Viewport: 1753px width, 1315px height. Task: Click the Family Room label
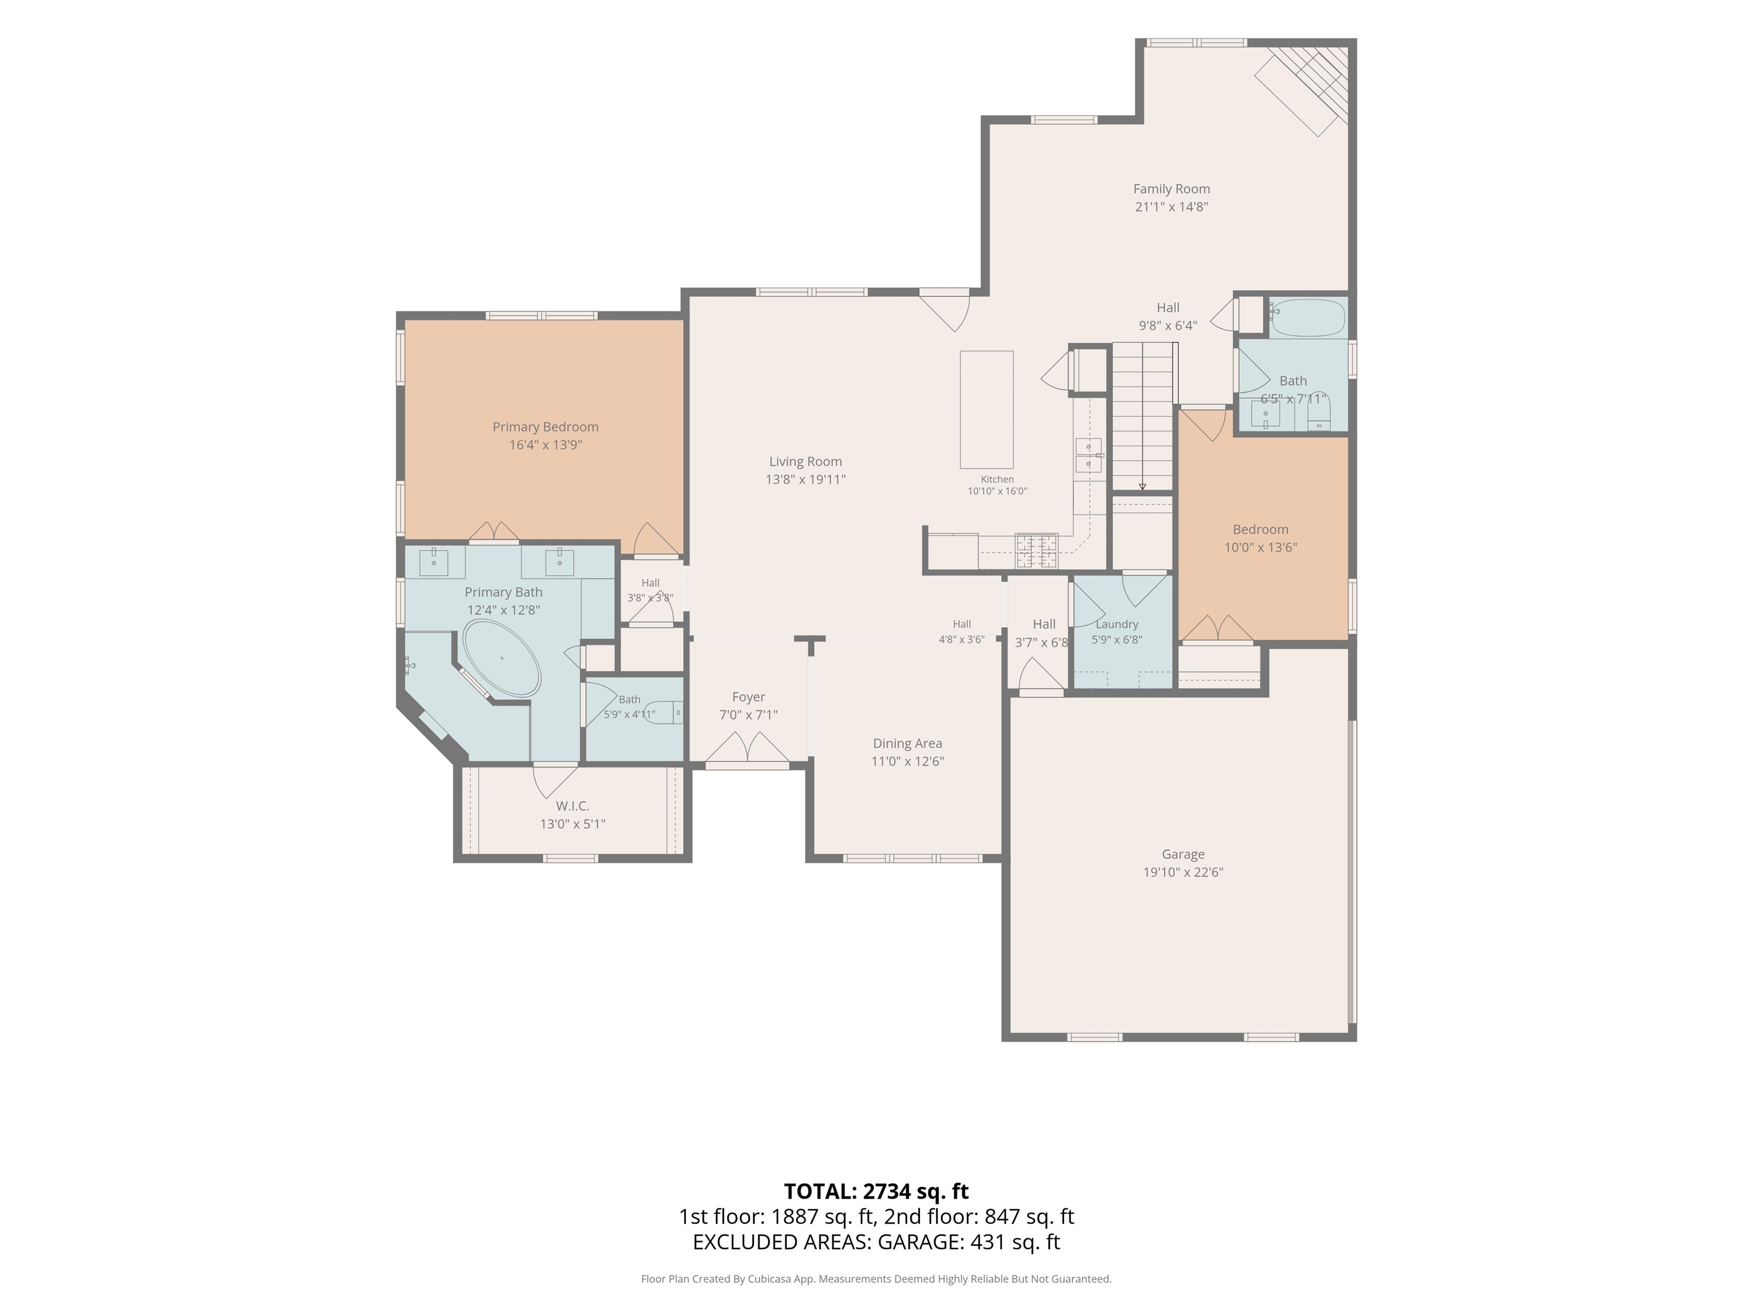(1172, 189)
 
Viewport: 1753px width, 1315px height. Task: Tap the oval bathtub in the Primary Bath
(502, 659)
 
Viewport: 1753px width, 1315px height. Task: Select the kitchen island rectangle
(987, 410)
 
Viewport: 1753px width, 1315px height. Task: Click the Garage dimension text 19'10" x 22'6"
(1183, 872)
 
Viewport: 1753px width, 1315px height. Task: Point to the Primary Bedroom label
(545, 426)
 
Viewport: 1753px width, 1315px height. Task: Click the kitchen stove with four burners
(1037, 551)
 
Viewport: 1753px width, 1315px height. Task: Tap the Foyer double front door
(748, 751)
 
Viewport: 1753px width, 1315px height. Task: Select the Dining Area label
(907, 744)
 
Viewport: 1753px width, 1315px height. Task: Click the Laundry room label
(1117, 624)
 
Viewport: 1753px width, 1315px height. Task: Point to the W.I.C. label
(572, 806)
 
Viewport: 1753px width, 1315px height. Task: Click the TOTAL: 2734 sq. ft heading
(876, 1191)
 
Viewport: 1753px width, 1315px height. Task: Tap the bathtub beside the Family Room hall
(1308, 318)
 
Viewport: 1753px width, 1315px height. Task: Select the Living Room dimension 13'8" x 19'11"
(805, 479)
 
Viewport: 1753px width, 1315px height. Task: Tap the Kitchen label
(997, 479)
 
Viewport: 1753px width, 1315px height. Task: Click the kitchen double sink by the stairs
(1088, 455)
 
